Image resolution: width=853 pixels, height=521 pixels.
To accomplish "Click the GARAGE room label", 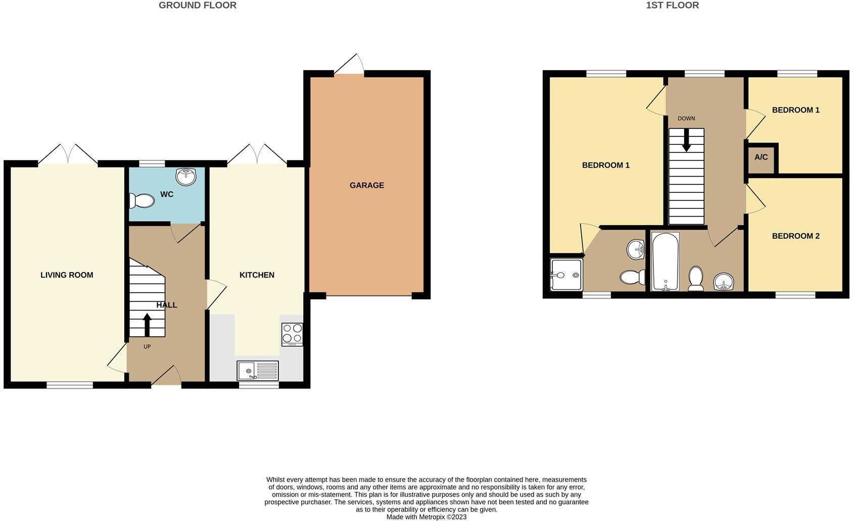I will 366,185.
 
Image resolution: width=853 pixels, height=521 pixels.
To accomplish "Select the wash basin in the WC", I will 186,177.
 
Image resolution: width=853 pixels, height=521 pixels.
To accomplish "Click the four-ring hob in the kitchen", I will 292,334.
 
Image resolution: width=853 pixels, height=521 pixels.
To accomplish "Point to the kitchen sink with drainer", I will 257,371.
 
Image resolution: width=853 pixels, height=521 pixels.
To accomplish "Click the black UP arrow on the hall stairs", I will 147,325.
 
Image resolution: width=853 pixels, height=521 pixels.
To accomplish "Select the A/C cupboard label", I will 761,158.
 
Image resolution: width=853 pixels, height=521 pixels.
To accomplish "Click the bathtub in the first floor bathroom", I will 665,261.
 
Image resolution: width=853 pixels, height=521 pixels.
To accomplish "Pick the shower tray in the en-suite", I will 566,275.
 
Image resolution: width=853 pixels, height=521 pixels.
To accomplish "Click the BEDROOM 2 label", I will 795,236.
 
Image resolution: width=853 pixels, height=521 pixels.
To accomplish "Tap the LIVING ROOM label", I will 67,275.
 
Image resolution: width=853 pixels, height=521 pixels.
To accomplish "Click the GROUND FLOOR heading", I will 197,6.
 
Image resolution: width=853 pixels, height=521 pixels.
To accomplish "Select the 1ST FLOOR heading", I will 672,6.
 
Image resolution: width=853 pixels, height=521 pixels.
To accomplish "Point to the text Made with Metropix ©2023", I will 426,517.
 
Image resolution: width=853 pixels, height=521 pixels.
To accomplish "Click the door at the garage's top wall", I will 349,66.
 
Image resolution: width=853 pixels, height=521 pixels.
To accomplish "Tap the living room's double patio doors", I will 68,155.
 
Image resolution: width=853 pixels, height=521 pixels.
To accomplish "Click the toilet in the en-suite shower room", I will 632,277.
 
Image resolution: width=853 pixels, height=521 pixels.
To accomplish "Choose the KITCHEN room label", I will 257,275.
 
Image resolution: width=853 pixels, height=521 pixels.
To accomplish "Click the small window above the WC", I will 152,164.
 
